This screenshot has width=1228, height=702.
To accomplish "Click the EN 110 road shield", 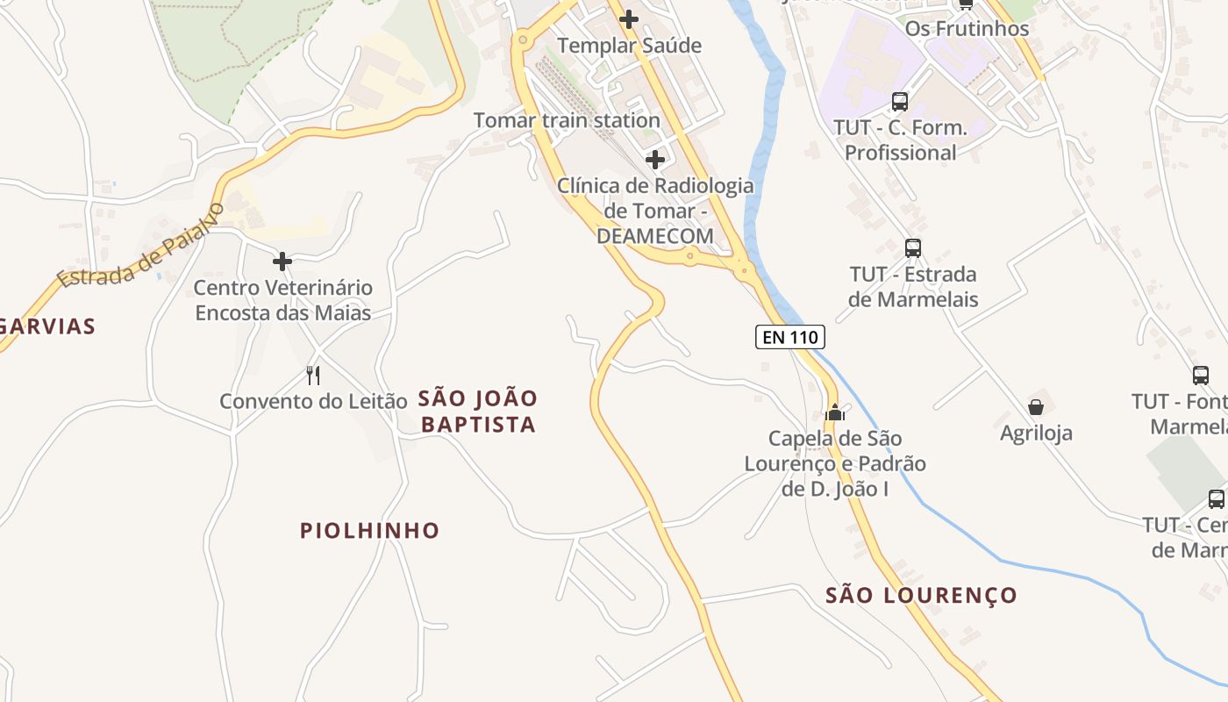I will pos(790,336).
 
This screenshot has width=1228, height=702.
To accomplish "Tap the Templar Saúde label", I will pos(629,46).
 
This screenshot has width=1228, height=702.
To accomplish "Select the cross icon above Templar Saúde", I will pos(629,18).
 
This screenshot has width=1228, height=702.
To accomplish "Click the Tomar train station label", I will pos(567,120).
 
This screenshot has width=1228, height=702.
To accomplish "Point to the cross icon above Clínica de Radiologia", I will pos(655,160).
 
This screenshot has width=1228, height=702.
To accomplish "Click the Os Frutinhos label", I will pos(967,28).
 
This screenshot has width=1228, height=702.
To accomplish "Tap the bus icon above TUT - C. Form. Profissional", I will pos(900,101).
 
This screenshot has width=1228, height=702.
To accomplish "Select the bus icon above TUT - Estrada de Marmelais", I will pos(913,247).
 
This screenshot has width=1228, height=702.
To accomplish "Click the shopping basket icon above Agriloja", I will pos(1036,407).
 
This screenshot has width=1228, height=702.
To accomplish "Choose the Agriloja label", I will pos(1036,433).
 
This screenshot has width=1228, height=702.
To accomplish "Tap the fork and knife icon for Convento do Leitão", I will pos(313,376).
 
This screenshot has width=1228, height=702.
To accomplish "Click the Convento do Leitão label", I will pos(313,401).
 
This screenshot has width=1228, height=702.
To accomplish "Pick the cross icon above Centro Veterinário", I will pos(282,261).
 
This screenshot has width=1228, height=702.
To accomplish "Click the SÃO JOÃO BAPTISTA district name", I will pos(478,412).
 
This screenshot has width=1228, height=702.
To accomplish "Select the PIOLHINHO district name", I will pos(369,530).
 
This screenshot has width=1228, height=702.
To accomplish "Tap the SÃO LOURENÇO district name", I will pos(921,595).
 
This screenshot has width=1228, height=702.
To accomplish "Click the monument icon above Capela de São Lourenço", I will pos(835,412).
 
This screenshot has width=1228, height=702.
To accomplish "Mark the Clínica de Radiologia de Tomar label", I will pos(655,211).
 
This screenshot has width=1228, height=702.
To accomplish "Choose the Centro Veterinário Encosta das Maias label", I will pos(282,300).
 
